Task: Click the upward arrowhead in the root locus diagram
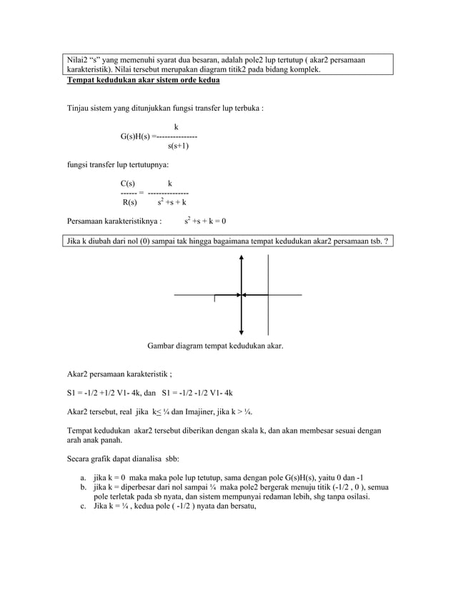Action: (x=242, y=260)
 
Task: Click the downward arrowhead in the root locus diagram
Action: (x=242, y=330)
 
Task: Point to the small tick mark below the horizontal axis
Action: (x=214, y=299)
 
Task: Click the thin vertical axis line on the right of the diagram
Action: (x=268, y=294)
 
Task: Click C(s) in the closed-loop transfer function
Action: (x=129, y=184)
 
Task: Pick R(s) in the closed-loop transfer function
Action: (x=129, y=202)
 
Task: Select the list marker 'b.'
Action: (x=84, y=487)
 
